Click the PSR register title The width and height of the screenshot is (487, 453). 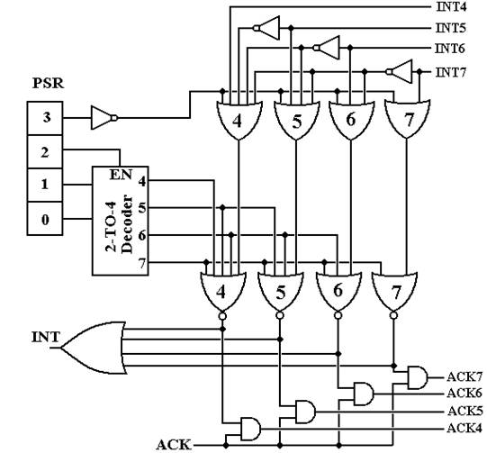click(49, 83)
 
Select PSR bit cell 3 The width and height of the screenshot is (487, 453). click(45, 118)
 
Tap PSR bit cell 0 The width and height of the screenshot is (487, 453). click(45, 219)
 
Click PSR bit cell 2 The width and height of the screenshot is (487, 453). click(45, 151)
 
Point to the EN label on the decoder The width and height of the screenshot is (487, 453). click(121, 175)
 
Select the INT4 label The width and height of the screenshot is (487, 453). click(451, 7)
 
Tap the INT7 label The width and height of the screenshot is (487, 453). click(451, 72)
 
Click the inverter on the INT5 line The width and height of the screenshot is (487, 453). click(266, 28)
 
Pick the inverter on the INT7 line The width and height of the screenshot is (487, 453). click(399, 72)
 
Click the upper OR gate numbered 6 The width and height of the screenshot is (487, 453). click(351, 120)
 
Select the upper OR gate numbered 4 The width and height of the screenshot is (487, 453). click(239, 120)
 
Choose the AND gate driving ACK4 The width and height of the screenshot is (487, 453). click(251, 429)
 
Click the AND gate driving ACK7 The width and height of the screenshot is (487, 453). click(418, 377)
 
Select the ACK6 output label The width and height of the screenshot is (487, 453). click(464, 394)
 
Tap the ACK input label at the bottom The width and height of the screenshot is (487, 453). click(174, 445)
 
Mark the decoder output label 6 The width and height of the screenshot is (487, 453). click(142, 236)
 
